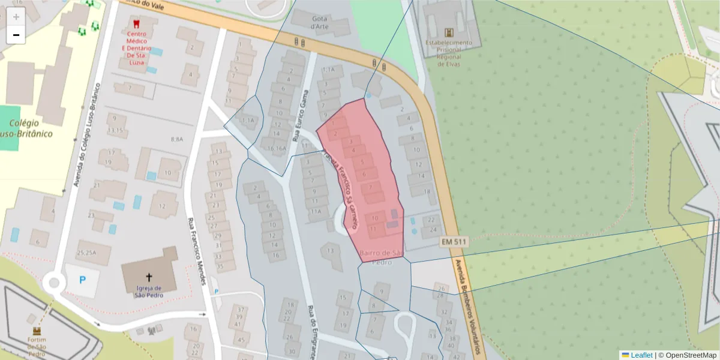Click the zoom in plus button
pyautogui.click(x=16, y=17)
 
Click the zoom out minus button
pyautogui.click(x=16, y=35)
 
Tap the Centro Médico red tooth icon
pyautogui.click(x=134, y=25)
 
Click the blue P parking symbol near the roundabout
pyautogui.click(x=83, y=280)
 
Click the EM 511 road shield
pyautogui.click(x=453, y=242)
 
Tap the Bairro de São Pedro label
pyautogui.click(x=381, y=257)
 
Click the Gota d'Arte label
pyautogui.click(x=319, y=22)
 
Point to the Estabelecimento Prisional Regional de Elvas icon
pyautogui.click(x=448, y=32)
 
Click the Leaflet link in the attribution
pyautogui.click(x=641, y=355)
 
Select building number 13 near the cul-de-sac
pyautogui.click(x=330, y=250)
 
